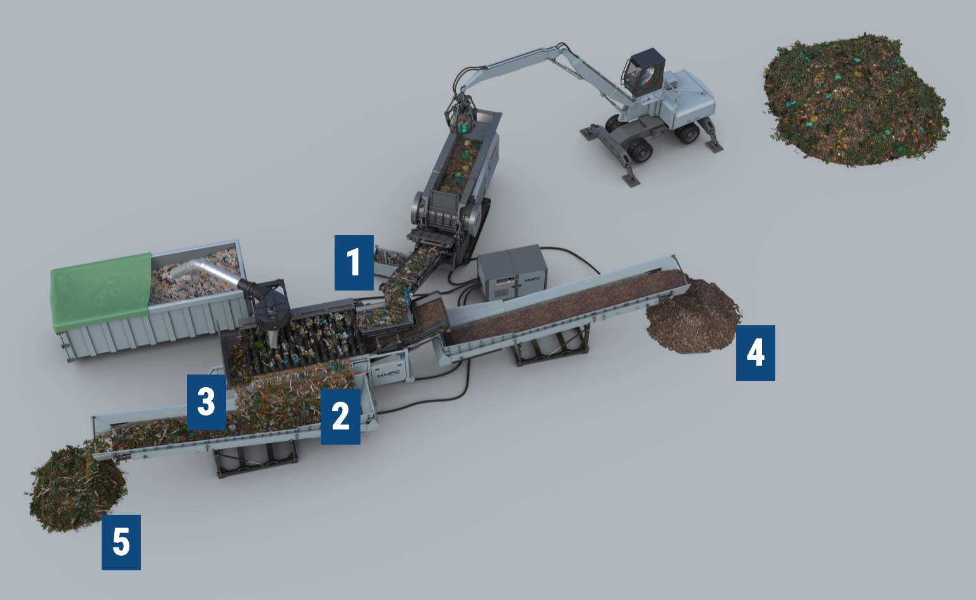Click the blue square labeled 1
pos(354,262)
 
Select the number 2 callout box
pos(340,416)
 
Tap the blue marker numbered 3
pos(206,402)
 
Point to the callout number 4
pos(755,352)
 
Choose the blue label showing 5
pos(121,542)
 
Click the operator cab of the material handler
pos(644,73)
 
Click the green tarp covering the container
pos(101,291)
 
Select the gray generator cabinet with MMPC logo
pos(511,273)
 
